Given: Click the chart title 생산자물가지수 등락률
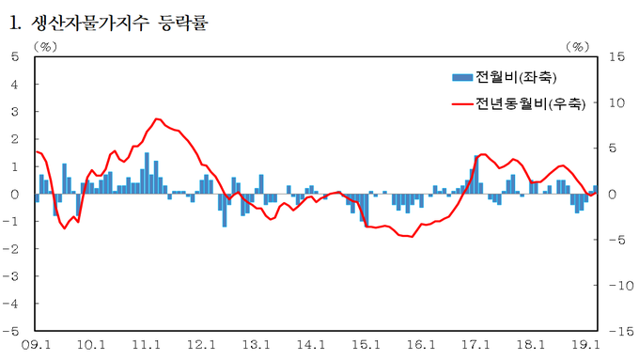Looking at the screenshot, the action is (119, 23).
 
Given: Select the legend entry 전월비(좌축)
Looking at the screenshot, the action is (516, 77).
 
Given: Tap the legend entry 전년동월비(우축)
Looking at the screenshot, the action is (531, 104).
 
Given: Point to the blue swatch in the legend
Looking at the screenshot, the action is (462, 77).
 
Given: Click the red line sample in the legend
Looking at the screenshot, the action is (462, 104).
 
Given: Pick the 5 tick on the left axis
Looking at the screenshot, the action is (15, 56).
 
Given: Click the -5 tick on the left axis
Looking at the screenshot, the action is (11, 331).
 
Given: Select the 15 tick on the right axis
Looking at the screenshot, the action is (617, 56).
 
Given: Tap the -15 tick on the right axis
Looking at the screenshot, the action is (621, 331).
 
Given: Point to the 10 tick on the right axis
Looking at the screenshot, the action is (617, 102).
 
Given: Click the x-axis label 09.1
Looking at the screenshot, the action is (36, 345).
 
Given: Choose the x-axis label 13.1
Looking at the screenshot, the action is (256, 345).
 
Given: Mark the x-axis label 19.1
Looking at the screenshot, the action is (585, 345).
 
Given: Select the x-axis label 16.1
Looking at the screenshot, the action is (421, 345).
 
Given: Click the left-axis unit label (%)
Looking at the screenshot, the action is (45, 46).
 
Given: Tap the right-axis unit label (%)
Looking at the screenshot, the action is (578, 46).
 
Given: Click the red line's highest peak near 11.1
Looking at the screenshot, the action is (157, 118).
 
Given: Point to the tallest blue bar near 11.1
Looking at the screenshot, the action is (147, 173).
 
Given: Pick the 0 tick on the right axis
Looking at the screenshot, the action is (613, 195).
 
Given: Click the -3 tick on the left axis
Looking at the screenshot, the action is (11, 276).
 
